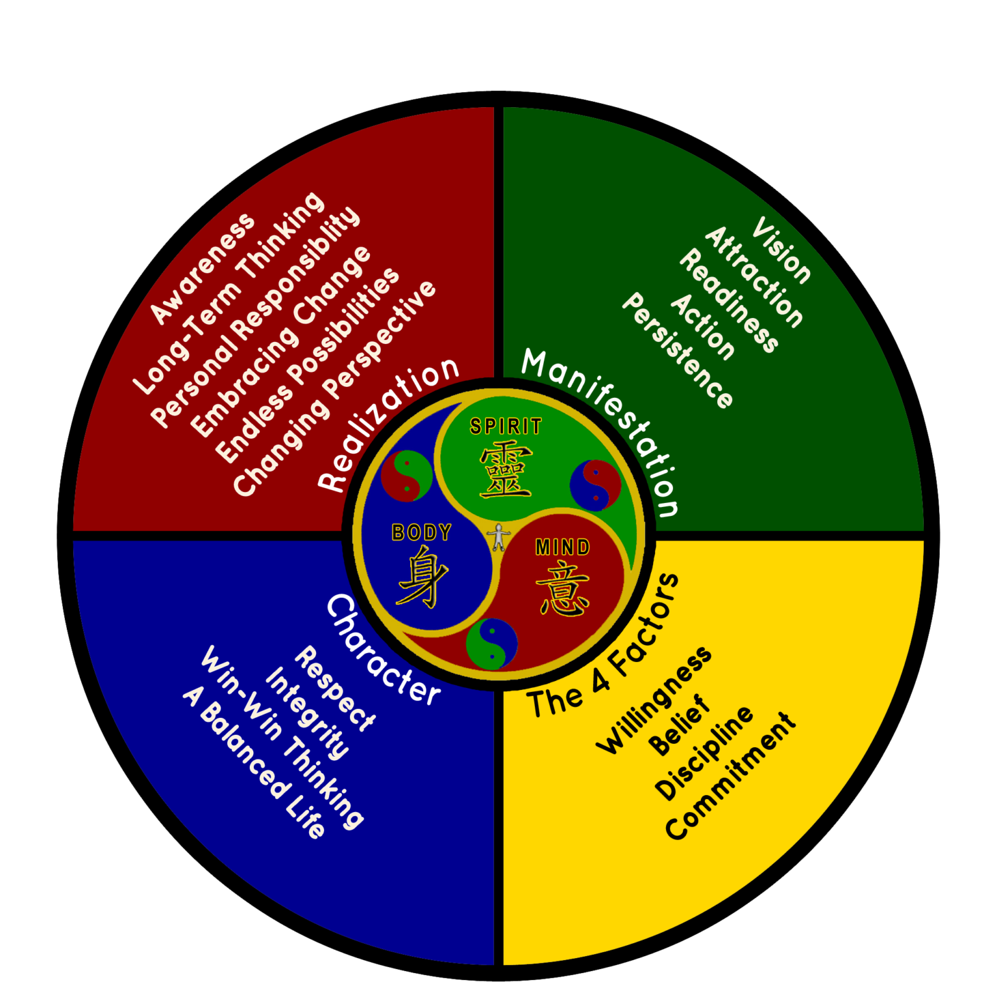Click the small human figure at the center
(498, 537)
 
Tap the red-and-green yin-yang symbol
(406, 476)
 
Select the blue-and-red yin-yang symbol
(595, 485)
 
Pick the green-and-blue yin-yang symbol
(492, 643)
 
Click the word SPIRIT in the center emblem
(506, 426)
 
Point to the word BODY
(421, 533)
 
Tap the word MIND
(562, 548)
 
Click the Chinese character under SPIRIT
(506, 470)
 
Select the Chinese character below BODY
(422, 576)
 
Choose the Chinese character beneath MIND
(562, 589)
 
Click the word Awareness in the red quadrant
(203, 267)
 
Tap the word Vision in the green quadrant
(782, 251)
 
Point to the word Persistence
(678, 350)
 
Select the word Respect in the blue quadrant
(335, 688)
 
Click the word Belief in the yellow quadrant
(679, 725)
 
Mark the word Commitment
(730, 776)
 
